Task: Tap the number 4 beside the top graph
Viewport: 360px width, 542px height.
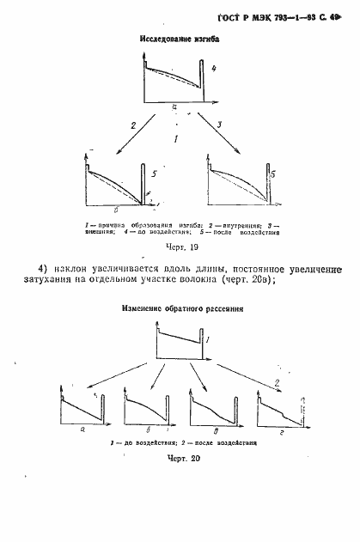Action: click(214, 68)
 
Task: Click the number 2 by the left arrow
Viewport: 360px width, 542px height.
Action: click(133, 125)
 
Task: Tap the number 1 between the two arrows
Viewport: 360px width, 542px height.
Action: click(176, 138)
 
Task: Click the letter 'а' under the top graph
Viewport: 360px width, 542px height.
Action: click(174, 106)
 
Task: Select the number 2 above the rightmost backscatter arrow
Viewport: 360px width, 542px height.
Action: click(276, 381)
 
